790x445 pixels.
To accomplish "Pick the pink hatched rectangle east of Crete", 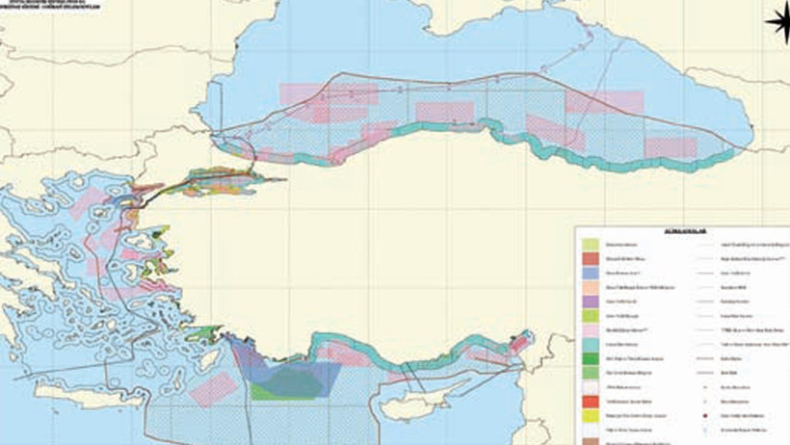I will pyautogui.click(x=214, y=388).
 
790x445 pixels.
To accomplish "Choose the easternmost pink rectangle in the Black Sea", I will pyautogui.click(x=670, y=147).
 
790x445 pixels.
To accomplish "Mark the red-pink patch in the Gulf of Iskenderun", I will pyautogui.click(x=518, y=342).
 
